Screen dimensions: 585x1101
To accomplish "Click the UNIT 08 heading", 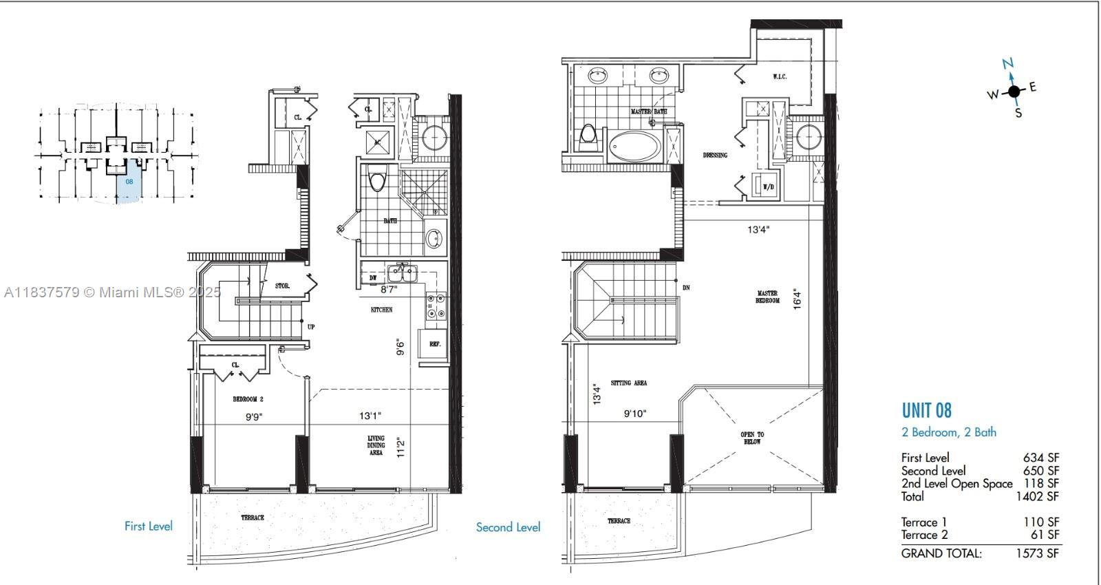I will pos(926,411).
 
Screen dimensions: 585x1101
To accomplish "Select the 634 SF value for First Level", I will pos(1040,458).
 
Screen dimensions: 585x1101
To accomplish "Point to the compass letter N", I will pos(1008,64).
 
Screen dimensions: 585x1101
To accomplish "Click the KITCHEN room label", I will pos(381,310).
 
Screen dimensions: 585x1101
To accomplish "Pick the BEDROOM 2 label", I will pos(248,399).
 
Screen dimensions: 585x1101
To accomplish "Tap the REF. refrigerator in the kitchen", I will pos(435,343).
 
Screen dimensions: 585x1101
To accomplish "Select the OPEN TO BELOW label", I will pos(752,438).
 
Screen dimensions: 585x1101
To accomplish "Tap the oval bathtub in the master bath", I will pos(633,147).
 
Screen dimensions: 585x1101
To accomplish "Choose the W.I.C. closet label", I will pos(779,76).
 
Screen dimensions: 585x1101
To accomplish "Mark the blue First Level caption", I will pos(149,526).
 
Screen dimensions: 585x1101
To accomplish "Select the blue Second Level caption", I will pos(508,527).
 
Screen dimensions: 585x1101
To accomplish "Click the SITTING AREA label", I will pos(628,383).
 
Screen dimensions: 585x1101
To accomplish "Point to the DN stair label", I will pos(685,288).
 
